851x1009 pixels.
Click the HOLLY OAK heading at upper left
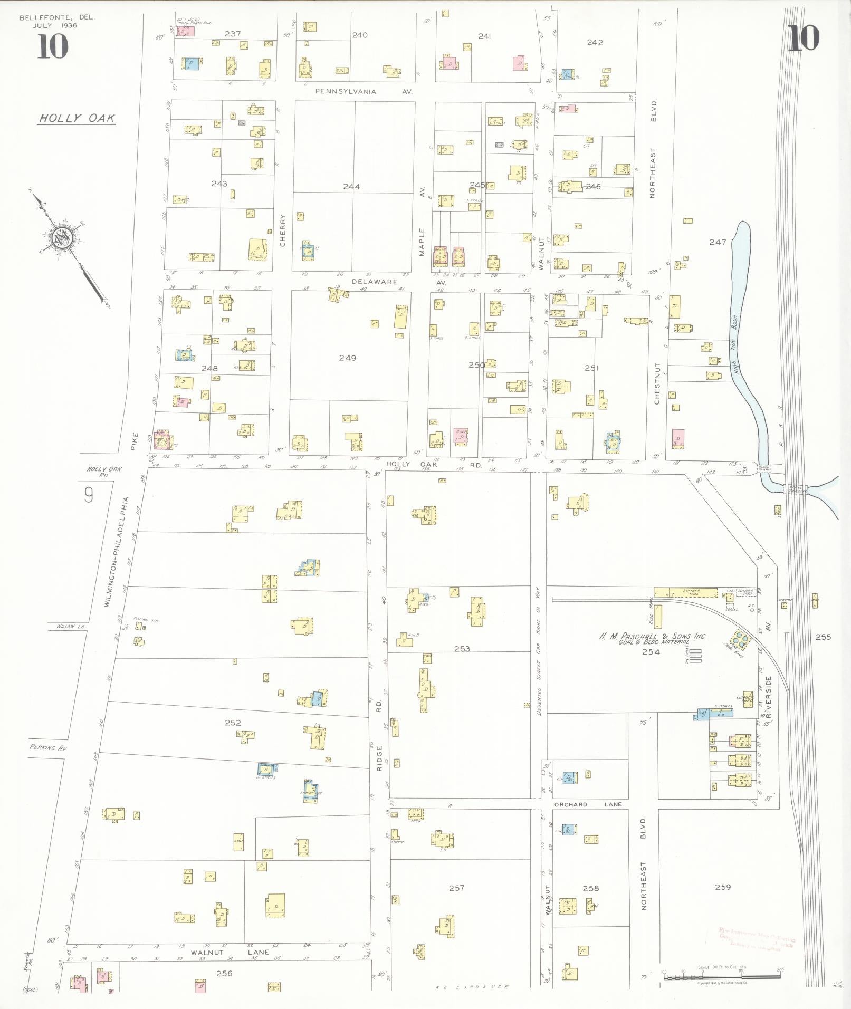(77, 118)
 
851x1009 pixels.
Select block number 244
(351, 186)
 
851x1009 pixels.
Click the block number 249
(347, 358)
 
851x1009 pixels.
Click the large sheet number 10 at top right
(804, 39)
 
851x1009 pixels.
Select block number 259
(723, 887)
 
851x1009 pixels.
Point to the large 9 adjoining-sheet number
(89, 495)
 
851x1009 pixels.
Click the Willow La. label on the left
(70, 627)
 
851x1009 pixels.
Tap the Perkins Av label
(49, 748)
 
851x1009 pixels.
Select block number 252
(233, 723)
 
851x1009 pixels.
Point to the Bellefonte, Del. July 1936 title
(56, 21)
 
